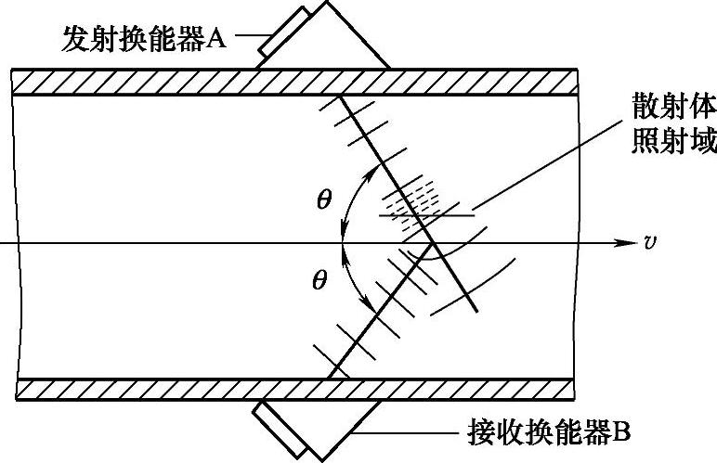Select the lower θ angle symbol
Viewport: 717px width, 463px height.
click(x=319, y=279)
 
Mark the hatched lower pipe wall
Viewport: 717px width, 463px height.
click(x=186, y=389)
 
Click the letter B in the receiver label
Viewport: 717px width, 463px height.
click(x=623, y=431)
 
